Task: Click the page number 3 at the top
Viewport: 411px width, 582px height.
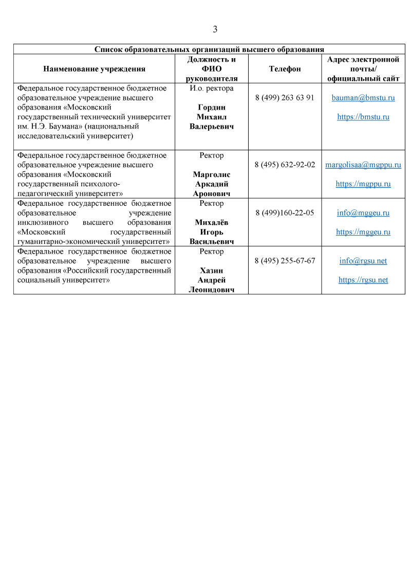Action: (x=215, y=29)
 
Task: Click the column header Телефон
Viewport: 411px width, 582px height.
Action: (x=285, y=68)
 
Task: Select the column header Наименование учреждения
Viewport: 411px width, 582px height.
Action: (x=94, y=68)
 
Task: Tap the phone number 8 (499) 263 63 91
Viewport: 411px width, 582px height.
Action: (x=285, y=97)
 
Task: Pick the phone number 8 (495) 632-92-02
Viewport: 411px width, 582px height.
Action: (x=285, y=165)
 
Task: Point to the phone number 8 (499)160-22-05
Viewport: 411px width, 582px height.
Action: (x=285, y=213)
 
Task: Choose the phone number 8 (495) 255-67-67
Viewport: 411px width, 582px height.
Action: (x=285, y=261)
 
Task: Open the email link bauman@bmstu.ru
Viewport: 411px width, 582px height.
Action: (x=363, y=97)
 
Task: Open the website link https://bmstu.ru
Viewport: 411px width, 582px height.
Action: (x=363, y=117)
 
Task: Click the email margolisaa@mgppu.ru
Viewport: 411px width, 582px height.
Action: (x=363, y=165)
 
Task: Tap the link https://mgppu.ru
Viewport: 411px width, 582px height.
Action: (x=363, y=184)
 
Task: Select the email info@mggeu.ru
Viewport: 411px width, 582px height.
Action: (x=363, y=213)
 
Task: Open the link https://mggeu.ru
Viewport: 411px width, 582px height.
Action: (x=363, y=232)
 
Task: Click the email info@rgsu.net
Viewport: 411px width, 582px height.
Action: (x=363, y=261)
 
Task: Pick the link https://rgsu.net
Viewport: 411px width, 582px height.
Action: (x=363, y=280)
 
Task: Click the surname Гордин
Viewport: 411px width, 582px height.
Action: (x=212, y=107)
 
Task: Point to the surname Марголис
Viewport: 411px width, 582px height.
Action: (x=212, y=174)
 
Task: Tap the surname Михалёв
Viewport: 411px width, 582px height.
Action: (x=212, y=222)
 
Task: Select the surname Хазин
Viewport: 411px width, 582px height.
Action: (x=212, y=271)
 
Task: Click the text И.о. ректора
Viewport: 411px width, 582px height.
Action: (x=212, y=88)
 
